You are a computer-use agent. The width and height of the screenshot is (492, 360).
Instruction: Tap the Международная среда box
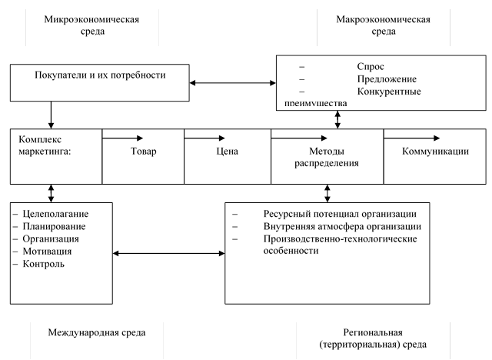coord(97,332)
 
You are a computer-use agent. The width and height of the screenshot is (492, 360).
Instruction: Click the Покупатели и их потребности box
coord(101,75)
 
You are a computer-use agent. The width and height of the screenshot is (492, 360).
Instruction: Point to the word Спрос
coord(371,67)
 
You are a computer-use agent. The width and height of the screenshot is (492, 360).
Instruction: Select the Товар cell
coord(143,152)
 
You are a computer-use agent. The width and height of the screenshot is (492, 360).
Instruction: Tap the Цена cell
coord(227,152)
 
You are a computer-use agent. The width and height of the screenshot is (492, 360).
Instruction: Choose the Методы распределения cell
coord(326,157)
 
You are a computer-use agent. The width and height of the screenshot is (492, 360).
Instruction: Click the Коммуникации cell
coord(434,152)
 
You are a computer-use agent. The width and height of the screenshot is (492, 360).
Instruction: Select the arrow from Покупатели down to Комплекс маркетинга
coord(51,115)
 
